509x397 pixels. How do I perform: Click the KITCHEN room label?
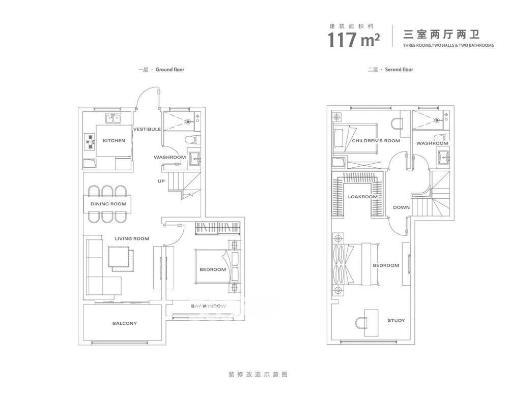(114, 141)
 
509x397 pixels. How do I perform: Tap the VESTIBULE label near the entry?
(147, 129)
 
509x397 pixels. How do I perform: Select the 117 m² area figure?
(354, 40)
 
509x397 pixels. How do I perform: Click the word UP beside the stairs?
(161, 181)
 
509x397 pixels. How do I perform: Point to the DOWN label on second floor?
(401, 207)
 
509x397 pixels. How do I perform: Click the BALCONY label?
(125, 323)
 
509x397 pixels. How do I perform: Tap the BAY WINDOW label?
(208, 306)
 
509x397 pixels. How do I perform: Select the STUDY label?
(396, 320)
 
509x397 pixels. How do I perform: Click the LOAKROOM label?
(362, 197)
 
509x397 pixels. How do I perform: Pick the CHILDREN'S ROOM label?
(376, 141)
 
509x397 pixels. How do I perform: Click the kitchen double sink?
(113, 118)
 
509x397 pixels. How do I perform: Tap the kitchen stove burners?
(90, 142)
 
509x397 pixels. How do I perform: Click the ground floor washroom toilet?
(192, 140)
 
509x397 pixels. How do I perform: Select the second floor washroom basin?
(443, 158)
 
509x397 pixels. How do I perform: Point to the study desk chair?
(361, 323)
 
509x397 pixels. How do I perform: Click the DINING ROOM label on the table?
(108, 204)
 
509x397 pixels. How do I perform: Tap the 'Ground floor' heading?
(170, 69)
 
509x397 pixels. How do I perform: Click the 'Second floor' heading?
(399, 69)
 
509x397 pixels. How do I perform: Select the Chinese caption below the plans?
(258, 375)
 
